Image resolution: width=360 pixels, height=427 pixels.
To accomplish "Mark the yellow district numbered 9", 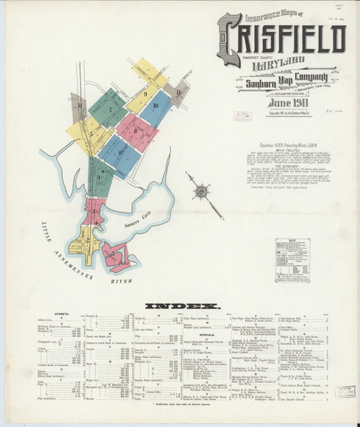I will (145, 94).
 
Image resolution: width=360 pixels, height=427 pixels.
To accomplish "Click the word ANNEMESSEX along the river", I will (68, 252).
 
